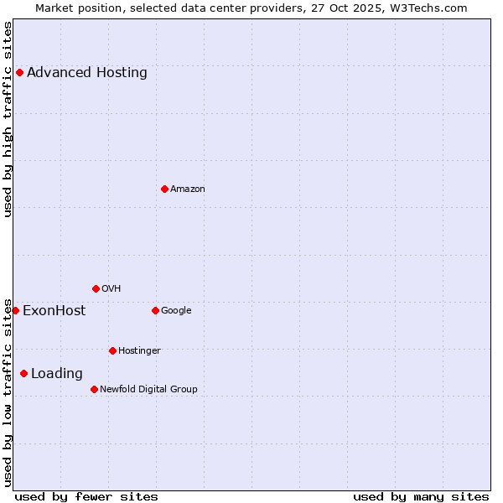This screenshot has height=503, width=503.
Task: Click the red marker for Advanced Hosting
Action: [x=19, y=72]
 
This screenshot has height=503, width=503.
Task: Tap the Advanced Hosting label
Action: [x=87, y=72]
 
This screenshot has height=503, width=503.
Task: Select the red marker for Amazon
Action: [x=164, y=189]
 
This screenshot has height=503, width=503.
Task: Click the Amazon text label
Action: [x=188, y=189]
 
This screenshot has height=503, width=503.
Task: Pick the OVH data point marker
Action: [x=96, y=288]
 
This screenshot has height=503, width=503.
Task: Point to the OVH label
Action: [x=111, y=289]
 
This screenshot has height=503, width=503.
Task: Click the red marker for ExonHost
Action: [x=15, y=310]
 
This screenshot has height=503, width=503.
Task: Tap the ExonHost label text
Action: [x=54, y=311]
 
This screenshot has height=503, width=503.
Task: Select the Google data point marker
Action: [x=155, y=310]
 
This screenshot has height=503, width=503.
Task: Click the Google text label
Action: [x=176, y=311]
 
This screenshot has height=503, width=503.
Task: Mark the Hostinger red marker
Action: [x=112, y=350]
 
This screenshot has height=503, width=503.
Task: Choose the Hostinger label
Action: [x=139, y=350]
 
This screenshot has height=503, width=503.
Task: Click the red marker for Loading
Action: [x=23, y=373]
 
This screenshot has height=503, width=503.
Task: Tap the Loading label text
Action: [x=57, y=374]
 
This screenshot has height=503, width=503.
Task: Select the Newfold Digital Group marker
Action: [x=94, y=389]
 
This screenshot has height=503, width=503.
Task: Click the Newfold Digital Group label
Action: [x=148, y=389]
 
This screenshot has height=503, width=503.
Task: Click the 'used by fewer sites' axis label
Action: [x=86, y=496]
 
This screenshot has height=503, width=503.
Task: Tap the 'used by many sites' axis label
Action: [x=421, y=496]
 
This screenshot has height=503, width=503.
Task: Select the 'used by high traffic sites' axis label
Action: [x=8, y=119]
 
